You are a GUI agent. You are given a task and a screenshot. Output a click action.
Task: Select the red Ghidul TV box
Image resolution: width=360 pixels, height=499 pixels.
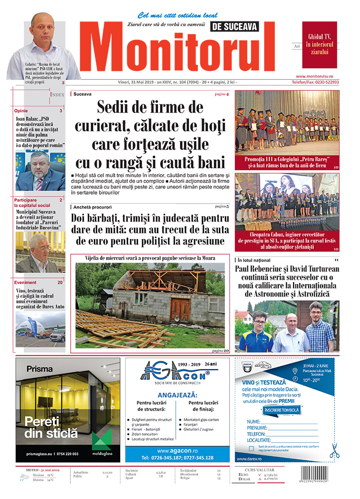pyautogui.click(x=319, y=44)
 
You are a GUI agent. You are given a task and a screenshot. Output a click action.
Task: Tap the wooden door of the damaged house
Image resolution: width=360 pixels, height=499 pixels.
pyautogui.click(x=180, y=309)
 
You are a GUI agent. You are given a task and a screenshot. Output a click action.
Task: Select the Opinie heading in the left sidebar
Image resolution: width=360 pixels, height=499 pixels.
pyautogui.click(x=21, y=111)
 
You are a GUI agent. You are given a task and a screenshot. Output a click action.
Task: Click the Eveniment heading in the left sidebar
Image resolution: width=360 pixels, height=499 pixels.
pyautogui.click(x=25, y=282)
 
